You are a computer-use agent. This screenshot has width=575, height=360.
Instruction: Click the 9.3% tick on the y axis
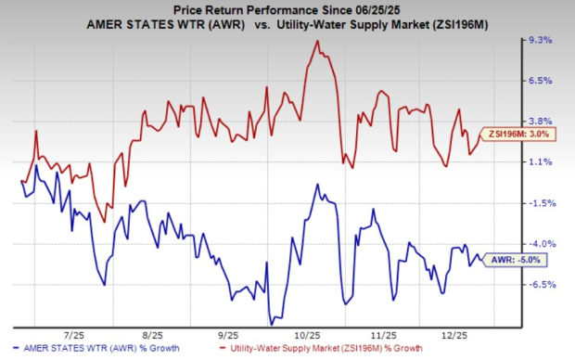540,41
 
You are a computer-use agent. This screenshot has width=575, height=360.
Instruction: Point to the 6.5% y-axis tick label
540,81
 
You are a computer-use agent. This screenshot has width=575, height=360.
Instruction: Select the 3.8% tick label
540,121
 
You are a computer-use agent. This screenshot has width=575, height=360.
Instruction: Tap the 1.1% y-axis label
540,161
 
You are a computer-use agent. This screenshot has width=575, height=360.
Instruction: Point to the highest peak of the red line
317,41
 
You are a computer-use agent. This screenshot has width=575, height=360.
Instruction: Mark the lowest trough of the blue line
270,323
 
